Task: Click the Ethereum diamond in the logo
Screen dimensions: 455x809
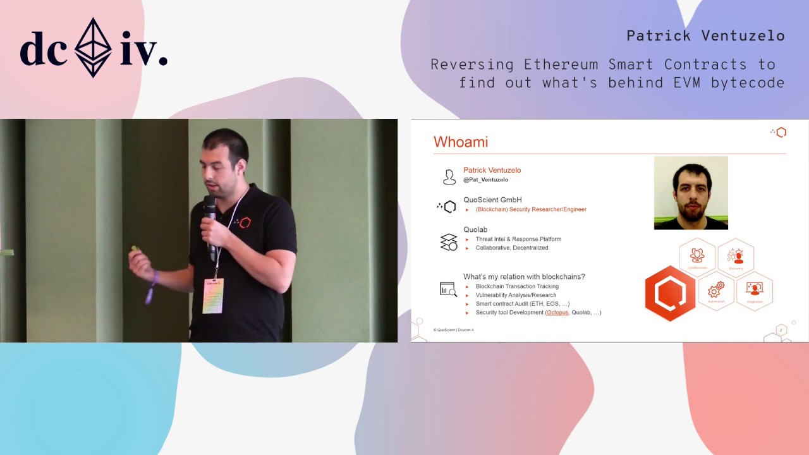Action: pyautogui.click(x=94, y=47)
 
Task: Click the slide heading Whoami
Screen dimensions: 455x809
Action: pyautogui.click(x=460, y=142)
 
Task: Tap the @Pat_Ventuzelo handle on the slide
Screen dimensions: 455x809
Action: pyautogui.click(x=485, y=180)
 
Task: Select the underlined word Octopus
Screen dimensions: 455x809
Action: pyautogui.click(x=557, y=313)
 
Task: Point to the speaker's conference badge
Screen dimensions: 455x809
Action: pyautogui.click(x=213, y=295)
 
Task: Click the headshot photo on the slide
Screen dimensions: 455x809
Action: pyautogui.click(x=691, y=193)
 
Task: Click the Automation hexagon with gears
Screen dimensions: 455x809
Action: pyautogui.click(x=716, y=291)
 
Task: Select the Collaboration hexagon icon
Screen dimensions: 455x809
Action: pyautogui.click(x=697, y=256)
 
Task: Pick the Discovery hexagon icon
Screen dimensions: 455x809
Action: pyautogui.click(x=736, y=256)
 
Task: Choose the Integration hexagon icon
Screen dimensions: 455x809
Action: pyautogui.click(x=754, y=291)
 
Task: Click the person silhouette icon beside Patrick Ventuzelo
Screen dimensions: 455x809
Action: pyautogui.click(x=449, y=177)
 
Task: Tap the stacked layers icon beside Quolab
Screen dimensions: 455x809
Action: pyautogui.click(x=449, y=242)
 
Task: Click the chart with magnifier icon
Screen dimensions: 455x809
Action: pyautogui.click(x=448, y=289)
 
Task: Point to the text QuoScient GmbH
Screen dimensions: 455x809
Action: pyautogui.click(x=492, y=200)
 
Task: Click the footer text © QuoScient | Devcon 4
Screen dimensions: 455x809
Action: pyautogui.click(x=453, y=330)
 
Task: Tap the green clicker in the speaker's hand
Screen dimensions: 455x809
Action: pyautogui.click(x=134, y=248)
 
